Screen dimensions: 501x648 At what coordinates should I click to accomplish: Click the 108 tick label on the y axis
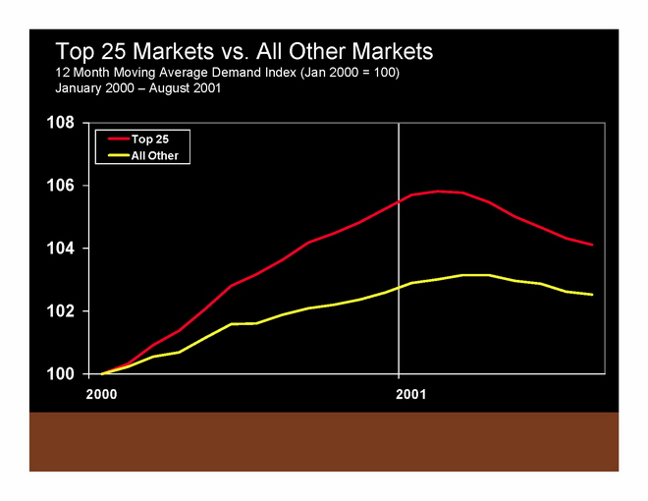tap(62, 123)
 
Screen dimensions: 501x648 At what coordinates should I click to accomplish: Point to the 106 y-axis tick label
tap(62, 186)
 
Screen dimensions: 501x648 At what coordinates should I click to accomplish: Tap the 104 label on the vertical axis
tap(62, 249)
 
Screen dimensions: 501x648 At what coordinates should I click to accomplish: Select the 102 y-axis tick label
tap(62, 311)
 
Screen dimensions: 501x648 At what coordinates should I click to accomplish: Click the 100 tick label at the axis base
tap(62, 374)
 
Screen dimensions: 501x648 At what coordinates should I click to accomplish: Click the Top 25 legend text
tap(150, 139)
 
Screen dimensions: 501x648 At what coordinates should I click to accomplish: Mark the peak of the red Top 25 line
tap(437, 191)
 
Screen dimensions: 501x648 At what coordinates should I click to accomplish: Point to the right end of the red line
tap(592, 245)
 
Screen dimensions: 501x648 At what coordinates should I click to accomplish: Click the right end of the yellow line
tap(592, 295)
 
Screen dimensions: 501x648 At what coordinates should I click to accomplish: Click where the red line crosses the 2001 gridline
tap(399, 199)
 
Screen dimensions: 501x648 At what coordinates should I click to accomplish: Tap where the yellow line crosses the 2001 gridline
tap(399, 287)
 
